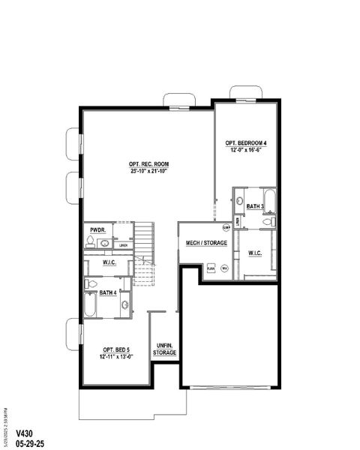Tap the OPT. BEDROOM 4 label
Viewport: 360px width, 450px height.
click(246, 142)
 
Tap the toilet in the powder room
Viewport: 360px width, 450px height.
click(90, 241)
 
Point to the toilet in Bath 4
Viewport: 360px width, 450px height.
click(90, 283)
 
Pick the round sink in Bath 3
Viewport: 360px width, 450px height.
click(239, 202)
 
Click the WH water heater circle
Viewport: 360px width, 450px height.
click(223, 268)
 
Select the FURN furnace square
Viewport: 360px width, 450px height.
click(211, 268)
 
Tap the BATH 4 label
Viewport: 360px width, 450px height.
click(108, 293)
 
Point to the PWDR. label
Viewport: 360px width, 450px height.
click(97, 229)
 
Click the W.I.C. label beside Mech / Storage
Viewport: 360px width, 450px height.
click(255, 253)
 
